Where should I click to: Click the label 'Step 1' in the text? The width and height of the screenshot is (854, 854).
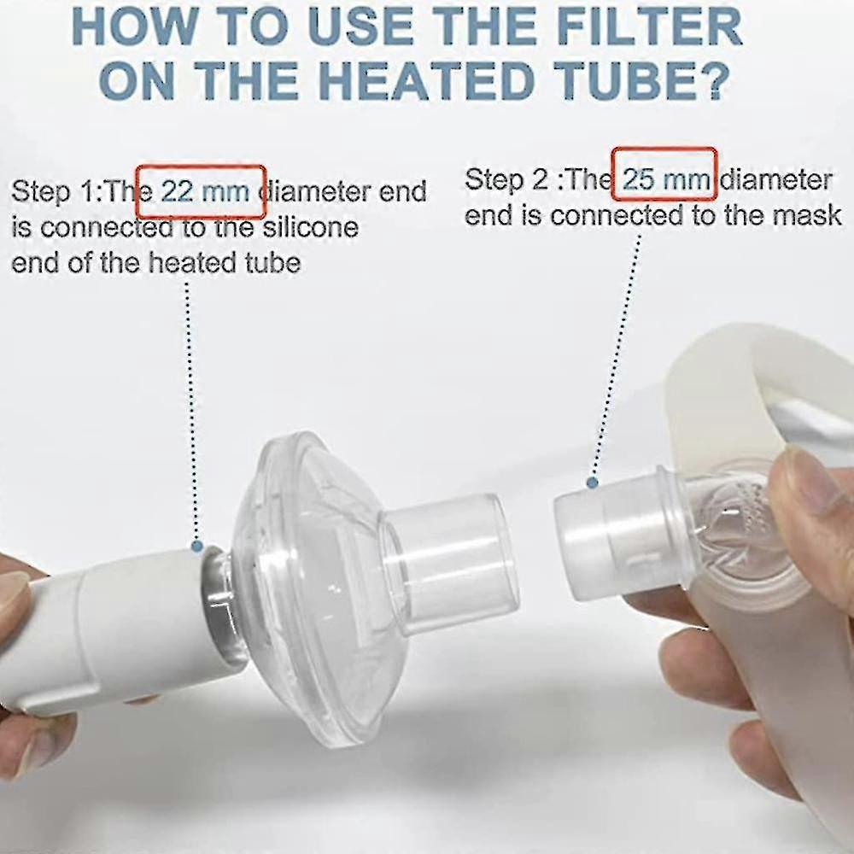54,191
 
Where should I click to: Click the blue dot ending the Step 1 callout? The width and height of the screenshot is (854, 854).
197,545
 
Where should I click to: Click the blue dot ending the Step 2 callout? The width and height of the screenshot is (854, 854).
592,483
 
